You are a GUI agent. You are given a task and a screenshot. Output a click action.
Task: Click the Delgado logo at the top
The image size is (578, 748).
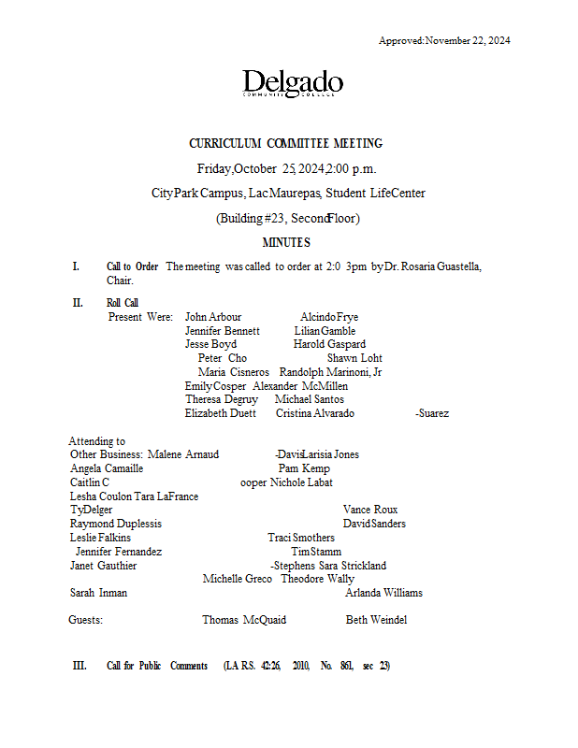pos(293,84)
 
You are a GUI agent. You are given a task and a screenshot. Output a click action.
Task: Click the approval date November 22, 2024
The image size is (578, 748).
pos(468,40)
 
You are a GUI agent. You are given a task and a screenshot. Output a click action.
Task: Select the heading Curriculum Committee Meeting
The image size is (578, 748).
pos(286,144)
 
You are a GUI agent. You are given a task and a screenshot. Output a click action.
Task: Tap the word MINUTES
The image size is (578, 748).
pos(286,243)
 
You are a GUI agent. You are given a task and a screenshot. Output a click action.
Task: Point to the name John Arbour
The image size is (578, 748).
pos(213,317)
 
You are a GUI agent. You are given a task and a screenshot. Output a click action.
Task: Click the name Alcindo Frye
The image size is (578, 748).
pos(329,317)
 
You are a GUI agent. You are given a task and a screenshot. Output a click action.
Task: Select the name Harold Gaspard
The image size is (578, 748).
pos(329,344)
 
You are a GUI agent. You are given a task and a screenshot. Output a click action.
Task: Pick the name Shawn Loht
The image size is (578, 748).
pos(354,358)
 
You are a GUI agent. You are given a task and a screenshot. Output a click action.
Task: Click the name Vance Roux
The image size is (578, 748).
pos(370,510)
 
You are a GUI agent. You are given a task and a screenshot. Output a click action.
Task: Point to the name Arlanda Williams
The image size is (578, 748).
pos(383,593)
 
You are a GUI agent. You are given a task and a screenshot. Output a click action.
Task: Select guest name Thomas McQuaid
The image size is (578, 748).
pos(244,620)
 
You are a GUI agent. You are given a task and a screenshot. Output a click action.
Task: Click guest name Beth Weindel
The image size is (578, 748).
pos(376,620)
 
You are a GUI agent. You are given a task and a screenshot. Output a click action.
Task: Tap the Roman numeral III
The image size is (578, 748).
pos(79,666)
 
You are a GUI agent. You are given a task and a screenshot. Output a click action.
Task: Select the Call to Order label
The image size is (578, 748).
pos(132,266)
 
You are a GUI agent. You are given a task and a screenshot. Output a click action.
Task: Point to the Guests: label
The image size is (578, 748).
pos(86,620)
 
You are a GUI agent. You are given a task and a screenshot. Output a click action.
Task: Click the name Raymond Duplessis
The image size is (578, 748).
pos(116,524)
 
